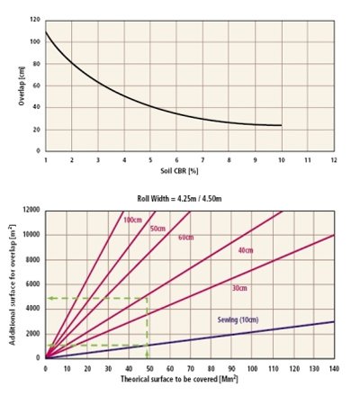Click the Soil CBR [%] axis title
click(x=179, y=171)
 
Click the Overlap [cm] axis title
click(x=22, y=85)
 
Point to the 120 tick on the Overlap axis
click(x=35, y=20)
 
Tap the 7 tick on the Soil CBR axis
click(x=202, y=160)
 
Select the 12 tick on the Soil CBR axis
click(x=334, y=160)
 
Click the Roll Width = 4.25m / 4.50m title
click(x=179, y=199)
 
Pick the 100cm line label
click(x=132, y=220)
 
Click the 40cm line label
click(x=246, y=250)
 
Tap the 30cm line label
click(x=239, y=288)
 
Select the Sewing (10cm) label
click(x=238, y=319)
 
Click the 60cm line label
click(x=186, y=238)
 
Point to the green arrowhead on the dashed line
click(x=51, y=298)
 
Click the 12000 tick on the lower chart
click(x=31, y=210)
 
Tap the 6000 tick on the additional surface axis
click(x=33, y=284)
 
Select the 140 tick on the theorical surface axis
click(x=334, y=368)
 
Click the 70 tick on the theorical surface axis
click(x=191, y=368)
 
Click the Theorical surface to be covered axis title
click(x=179, y=379)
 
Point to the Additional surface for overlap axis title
click(x=13, y=284)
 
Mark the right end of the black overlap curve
click(x=282, y=125)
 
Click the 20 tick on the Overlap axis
click(x=37, y=130)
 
